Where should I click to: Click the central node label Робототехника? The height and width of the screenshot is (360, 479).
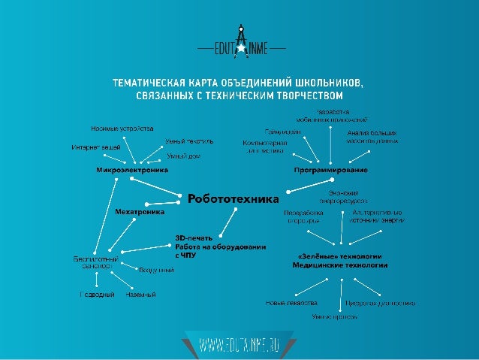pyautogui.click(x=233, y=199)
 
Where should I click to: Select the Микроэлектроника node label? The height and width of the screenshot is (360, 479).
pyautogui.click(x=131, y=170)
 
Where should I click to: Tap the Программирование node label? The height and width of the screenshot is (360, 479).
pyautogui.click(x=330, y=170)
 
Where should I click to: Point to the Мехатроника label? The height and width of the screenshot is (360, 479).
pyautogui.click(x=140, y=212)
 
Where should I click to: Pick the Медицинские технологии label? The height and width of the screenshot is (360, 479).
pyautogui.click(x=340, y=265)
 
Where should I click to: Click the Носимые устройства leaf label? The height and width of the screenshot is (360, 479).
pyautogui.click(x=122, y=128)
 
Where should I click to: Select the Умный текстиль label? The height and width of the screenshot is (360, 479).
pyautogui.click(x=190, y=141)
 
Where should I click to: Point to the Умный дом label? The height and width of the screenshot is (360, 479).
pyautogui.click(x=184, y=156)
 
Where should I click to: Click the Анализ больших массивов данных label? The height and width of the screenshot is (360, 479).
pyautogui.click(x=372, y=136)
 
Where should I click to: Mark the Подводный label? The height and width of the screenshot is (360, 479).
pyautogui.click(x=97, y=295)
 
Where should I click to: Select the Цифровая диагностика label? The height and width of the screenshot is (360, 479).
pyautogui.click(x=380, y=303)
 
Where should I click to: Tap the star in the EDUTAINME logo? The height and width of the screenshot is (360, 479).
pyautogui.click(x=240, y=48)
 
